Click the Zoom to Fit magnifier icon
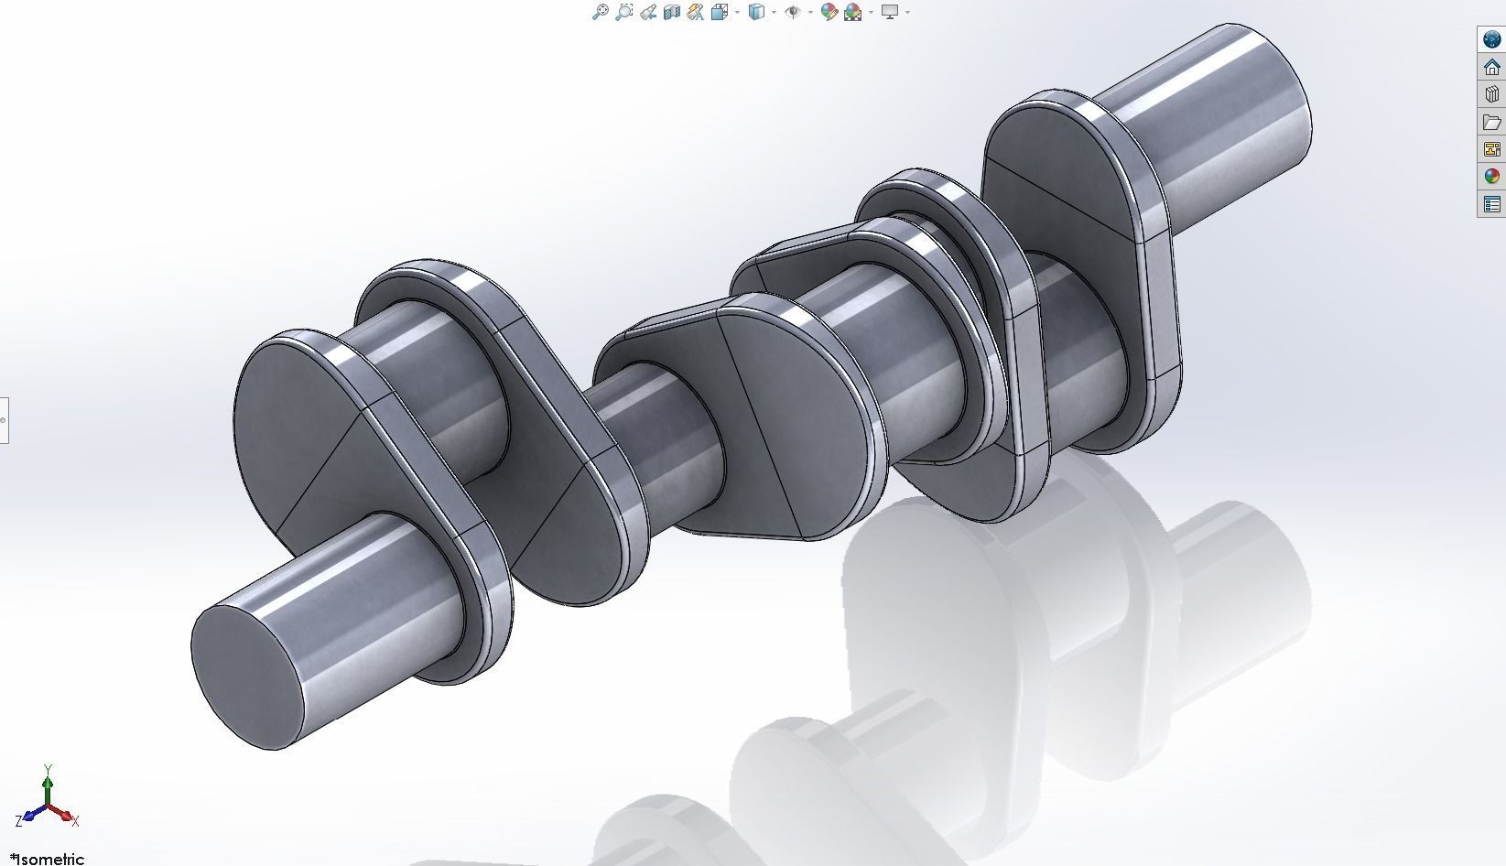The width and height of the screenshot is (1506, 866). click(x=601, y=12)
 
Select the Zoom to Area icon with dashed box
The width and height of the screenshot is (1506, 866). click(x=624, y=12)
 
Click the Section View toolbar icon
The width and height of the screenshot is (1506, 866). click(x=672, y=12)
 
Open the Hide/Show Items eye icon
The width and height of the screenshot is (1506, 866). click(x=793, y=12)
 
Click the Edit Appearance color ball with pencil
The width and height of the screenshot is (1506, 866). click(x=829, y=12)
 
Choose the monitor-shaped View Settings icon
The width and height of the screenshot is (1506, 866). click(x=889, y=12)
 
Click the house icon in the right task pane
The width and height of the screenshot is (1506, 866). click(x=1492, y=67)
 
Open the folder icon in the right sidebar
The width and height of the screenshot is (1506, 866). click(x=1492, y=122)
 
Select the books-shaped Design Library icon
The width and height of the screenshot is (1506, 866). click(x=1492, y=94)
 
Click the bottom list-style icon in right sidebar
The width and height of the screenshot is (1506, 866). click(x=1492, y=204)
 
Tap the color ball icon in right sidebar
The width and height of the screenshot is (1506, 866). click(x=1492, y=177)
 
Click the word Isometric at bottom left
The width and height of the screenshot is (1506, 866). click(x=51, y=859)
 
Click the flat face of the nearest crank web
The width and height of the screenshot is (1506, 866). click(x=302, y=430)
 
